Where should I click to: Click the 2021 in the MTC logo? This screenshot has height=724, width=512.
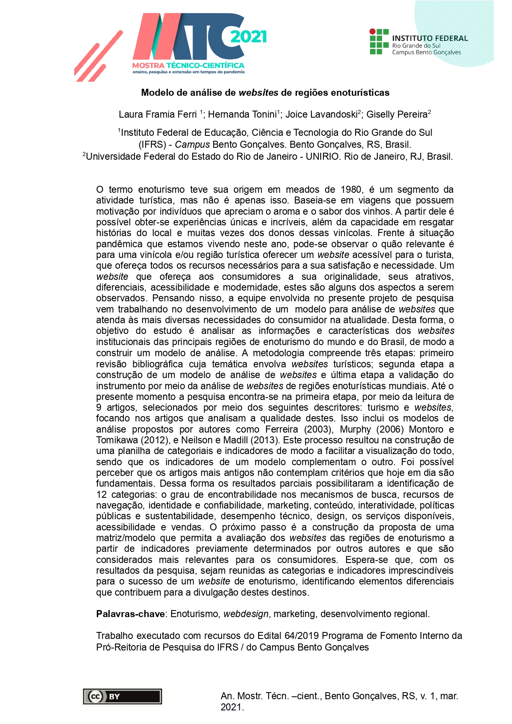point(248,37)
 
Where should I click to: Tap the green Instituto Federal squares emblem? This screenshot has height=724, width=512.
point(379,42)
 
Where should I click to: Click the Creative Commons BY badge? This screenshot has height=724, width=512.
point(122,696)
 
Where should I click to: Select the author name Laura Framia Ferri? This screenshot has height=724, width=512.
point(158,114)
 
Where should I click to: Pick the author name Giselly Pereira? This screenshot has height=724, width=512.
point(397,114)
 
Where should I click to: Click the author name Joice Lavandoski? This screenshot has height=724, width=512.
point(321,114)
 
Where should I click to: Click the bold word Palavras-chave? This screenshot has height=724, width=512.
point(130,614)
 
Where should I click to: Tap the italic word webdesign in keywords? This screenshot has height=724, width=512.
point(246,614)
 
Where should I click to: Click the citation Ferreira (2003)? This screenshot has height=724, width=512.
point(298,429)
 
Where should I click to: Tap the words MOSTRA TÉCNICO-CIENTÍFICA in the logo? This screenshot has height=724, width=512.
point(188,65)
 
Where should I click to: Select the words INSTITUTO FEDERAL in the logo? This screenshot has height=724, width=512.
point(430,38)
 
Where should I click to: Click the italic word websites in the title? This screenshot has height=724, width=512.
point(258,92)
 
